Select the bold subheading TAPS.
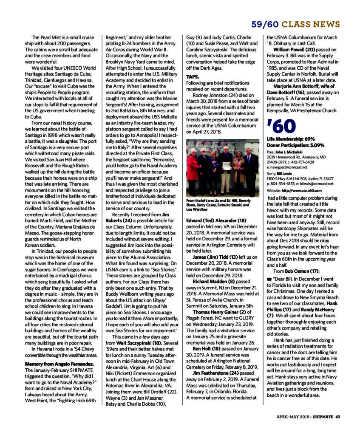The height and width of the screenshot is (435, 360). (x=193, y=76)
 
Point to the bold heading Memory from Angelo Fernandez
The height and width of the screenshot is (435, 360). (x=60, y=364)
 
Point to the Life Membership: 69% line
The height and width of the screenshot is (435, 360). (x=291, y=139)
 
